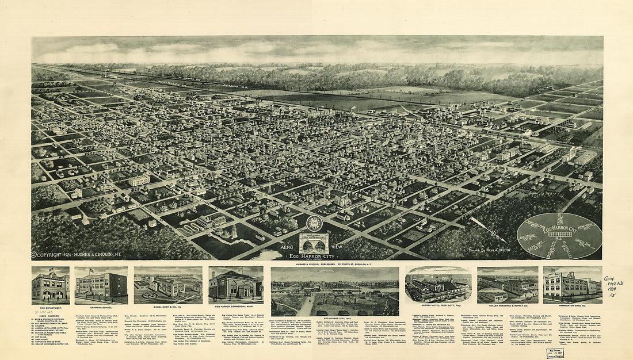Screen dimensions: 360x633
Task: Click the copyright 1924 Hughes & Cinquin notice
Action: pos(73,254)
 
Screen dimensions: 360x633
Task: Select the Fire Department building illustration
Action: pos(51,285)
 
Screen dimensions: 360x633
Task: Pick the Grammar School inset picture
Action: pos(101,285)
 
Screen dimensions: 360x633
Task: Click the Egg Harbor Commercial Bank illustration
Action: pos(236,285)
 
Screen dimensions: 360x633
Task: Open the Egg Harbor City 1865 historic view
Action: pos(335,290)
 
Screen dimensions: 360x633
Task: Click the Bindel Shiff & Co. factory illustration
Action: pos(168,285)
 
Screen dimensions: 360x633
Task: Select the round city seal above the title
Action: pos(314,224)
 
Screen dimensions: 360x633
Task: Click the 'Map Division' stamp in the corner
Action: pos(555,353)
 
